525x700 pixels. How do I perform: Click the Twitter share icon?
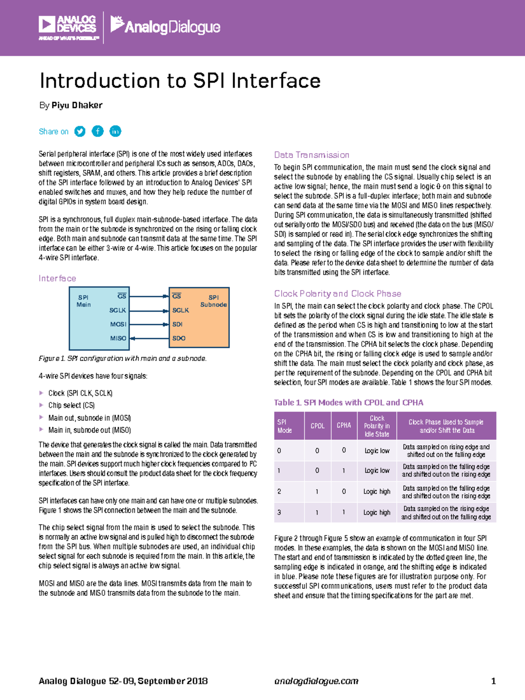tap(80, 131)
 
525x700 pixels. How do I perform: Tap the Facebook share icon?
tap(98, 131)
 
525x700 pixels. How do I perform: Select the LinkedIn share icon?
tap(115, 131)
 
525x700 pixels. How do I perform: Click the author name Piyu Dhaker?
tap(77, 105)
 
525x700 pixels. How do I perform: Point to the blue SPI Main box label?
tap(84, 301)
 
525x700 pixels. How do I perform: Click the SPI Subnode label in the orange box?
tap(213, 301)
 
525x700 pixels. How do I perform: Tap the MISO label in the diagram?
tap(118, 338)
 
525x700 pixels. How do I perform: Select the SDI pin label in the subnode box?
tap(177, 324)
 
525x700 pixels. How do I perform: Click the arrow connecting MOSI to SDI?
tap(149, 324)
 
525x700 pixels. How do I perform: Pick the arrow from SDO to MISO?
tap(149, 338)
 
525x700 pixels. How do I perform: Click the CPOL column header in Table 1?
tap(318, 426)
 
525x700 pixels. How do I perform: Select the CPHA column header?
tap(344, 426)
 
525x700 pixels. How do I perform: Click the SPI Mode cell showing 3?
tap(279, 512)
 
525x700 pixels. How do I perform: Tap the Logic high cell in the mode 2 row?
tap(377, 492)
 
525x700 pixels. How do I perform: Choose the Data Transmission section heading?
tap(311, 155)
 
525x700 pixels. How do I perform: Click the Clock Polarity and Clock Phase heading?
tap(338, 294)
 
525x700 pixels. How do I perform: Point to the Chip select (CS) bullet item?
tap(71, 406)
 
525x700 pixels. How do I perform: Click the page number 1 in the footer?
tap(493, 681)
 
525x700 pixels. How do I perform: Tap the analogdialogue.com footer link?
tap(316, 681)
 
